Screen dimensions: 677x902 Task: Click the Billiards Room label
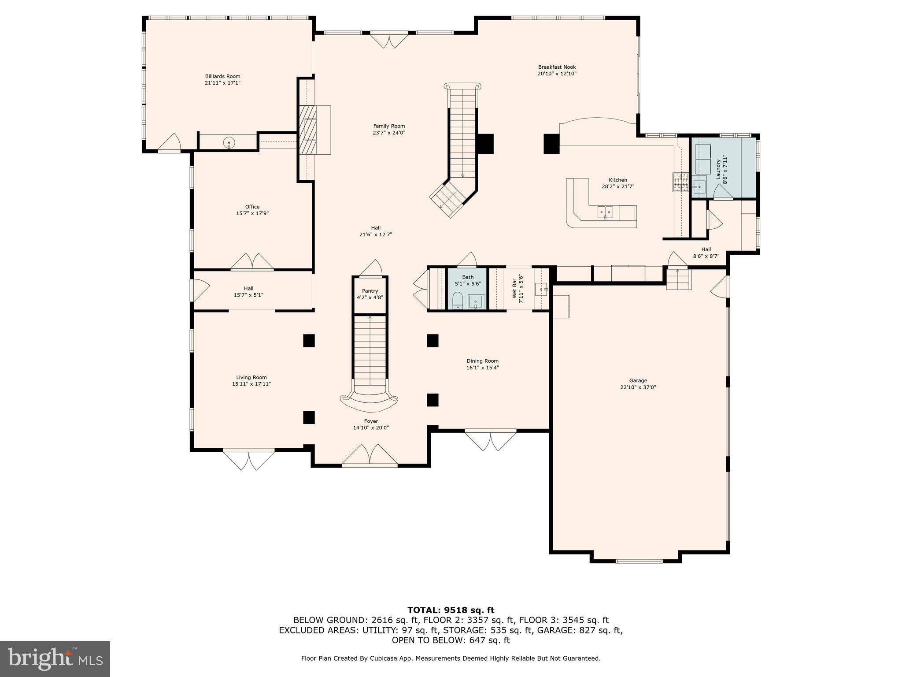tap(222, 76)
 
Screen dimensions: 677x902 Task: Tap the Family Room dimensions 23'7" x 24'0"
tap(389, 133)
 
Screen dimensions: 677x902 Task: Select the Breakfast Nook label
tap(557, 67)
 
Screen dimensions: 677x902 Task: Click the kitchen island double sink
tap(605, 212)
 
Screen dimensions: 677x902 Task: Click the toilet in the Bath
tap(458, 301)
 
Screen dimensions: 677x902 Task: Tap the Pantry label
tap(370, 291)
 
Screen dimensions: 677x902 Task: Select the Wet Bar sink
tap(541, 290)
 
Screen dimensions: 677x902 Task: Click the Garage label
tap(638, 380)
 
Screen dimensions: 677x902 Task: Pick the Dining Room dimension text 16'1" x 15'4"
tap(483, 368)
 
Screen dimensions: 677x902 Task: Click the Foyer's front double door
tap(370, 455)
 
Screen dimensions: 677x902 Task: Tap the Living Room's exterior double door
tap(249, 459)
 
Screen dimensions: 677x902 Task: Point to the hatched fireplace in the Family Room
tap(307, 130)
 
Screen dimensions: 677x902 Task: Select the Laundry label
tap(718, 169)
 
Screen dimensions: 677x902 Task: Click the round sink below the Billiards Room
tap(229, 142)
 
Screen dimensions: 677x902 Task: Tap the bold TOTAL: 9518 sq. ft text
tap(451, 610)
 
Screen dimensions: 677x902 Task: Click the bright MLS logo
tap(55, 658)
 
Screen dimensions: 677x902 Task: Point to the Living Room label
tap(251, 377)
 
